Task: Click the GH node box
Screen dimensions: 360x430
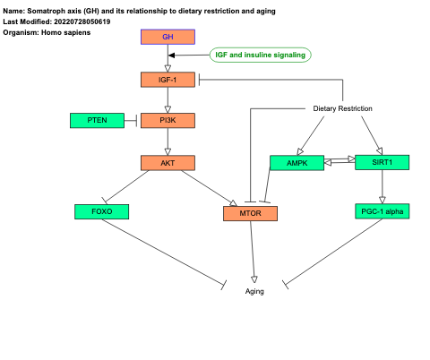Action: tap(168, 37)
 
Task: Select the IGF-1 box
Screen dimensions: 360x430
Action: tap(168, 80)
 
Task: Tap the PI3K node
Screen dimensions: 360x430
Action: tap(168, 120)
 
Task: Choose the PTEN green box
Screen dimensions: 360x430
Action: tap(98, 120)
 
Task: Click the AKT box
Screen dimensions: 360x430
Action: tap(168, 162)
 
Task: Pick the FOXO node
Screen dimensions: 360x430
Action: tap(101, 211)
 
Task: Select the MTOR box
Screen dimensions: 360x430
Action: tap(250, 213)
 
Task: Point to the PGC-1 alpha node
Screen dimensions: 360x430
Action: tap(383, 211)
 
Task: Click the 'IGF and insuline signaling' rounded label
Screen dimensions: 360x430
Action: tap(260, 55)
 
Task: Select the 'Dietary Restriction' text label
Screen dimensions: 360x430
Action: tap(342, 108)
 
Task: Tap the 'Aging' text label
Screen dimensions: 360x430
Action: tap(254, 291)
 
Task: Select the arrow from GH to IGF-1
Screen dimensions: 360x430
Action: tap(168, 58)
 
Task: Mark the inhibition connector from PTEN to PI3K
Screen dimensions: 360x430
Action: tap(131, 120)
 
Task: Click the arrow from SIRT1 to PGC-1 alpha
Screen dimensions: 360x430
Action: tap(383, 186)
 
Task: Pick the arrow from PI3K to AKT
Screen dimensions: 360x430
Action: tap(168, 141)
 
